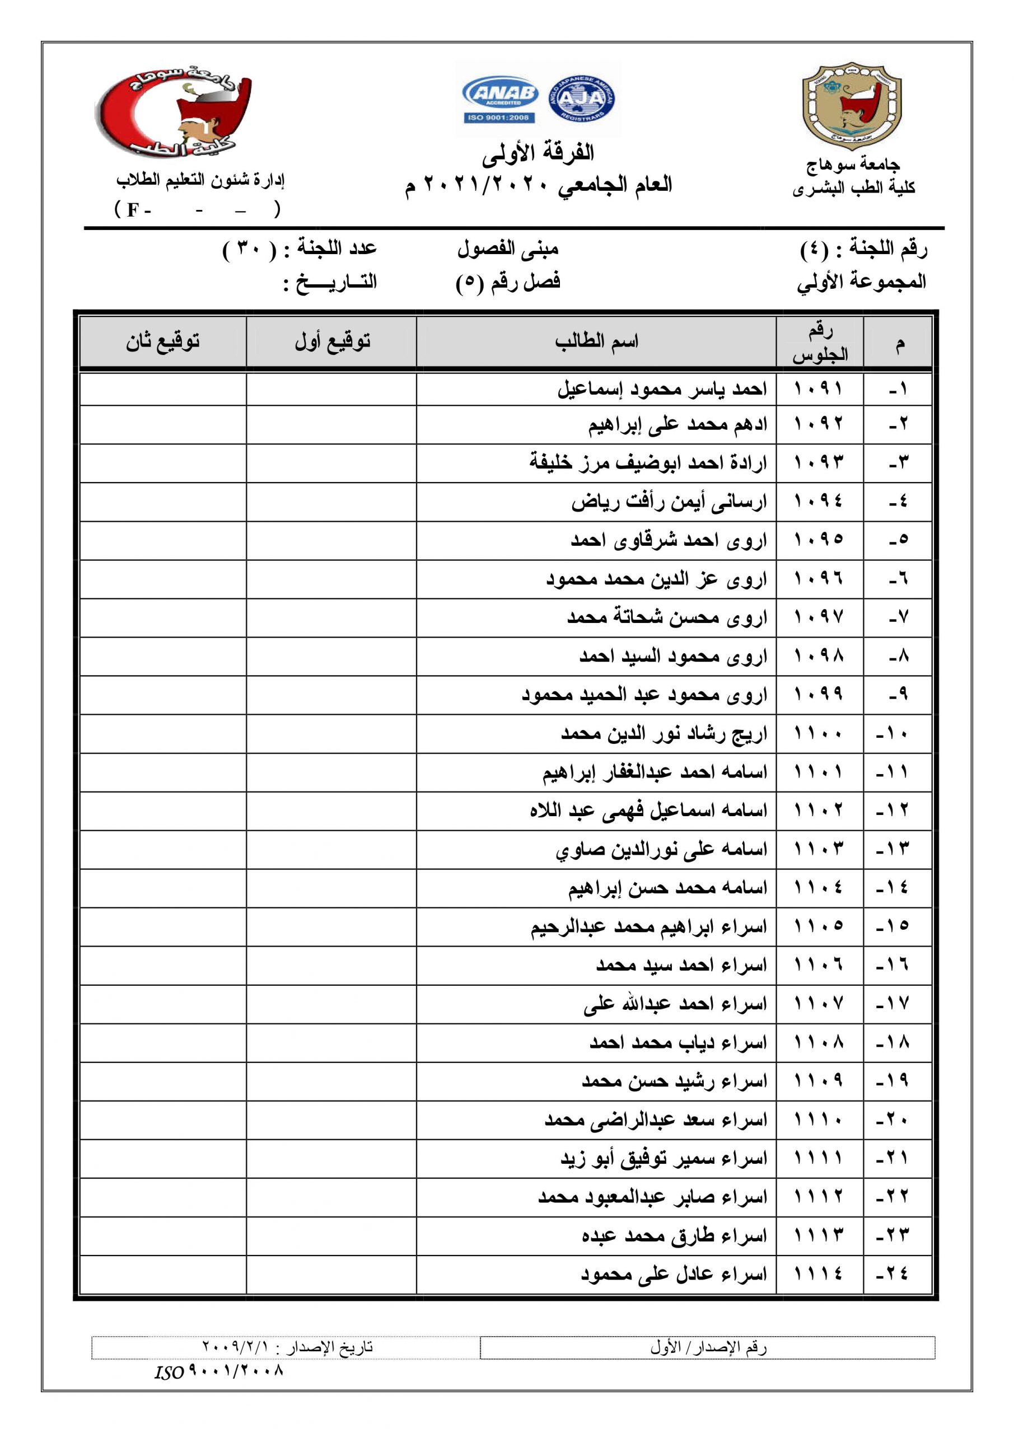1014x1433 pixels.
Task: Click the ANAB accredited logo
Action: pyautogui.click(x=500, y=99)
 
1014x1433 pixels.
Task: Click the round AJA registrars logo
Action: pyautogui.click(x=581, y=98)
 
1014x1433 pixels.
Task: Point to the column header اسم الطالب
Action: pyautogui.click(x=596, y=341)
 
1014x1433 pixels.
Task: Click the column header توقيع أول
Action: pyautogui.click(x=332, y=341)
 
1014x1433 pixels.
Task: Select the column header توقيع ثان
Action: pyautogui.click(x=163, y=341)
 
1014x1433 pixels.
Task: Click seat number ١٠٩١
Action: pyautogui.click(x=819, y=390)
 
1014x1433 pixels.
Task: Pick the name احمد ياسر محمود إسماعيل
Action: pyautogui.click(x=662, y=390)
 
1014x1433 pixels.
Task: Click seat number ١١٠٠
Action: pyautogui.click(x=819, y=734)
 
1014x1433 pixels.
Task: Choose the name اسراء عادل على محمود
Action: pyautogui.click(x=674, y=1274)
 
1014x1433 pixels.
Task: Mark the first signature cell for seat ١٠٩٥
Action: pyautogui.click(x=331, y=541)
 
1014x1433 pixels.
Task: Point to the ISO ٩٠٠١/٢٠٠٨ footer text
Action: pyautogui.click(x=219, y=1371)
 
